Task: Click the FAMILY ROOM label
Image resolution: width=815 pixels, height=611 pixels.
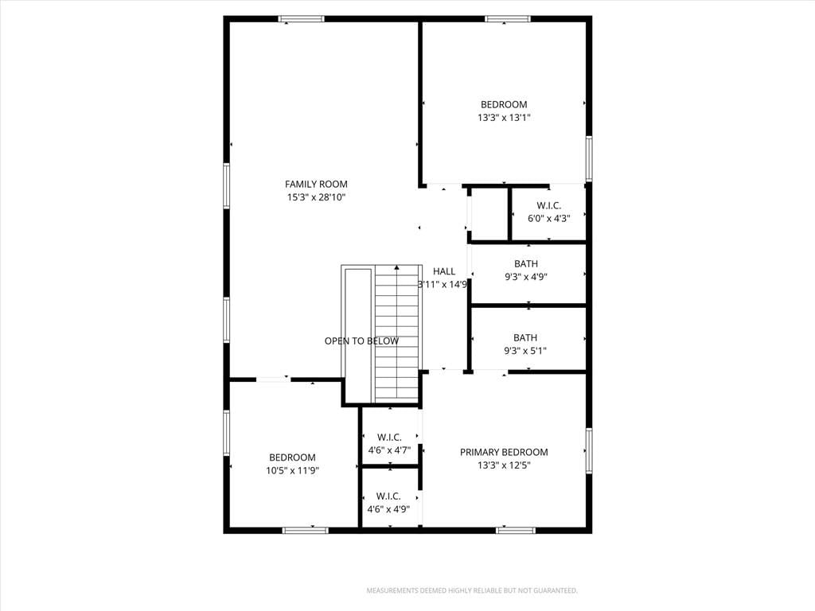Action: (316, 184)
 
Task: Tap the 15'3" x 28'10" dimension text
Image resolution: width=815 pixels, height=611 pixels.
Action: (316, 197)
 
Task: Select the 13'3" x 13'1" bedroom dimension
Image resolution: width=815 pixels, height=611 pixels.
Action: (504, 118)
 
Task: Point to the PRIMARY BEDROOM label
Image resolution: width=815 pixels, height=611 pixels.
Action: (504, 452)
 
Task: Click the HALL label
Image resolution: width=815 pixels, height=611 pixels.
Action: (444, 271)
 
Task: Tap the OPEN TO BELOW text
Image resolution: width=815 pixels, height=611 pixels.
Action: (362, 341)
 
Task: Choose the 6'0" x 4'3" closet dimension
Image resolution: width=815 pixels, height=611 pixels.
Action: (549, 219)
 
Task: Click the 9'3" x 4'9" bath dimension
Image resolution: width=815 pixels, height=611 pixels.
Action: (526, 277)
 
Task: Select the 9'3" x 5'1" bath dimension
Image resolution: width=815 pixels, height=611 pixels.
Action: (525, 351)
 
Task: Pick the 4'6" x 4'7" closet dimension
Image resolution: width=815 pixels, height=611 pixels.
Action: (389, 450)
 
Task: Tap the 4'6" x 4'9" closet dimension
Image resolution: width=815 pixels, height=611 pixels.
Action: (388, 509)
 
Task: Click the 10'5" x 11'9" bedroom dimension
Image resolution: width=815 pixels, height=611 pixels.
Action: (292, 471)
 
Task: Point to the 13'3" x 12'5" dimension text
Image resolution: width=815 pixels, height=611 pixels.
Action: (504, 465)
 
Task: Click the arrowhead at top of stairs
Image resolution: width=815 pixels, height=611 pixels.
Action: (396, 267)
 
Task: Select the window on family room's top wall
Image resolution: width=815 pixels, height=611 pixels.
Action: (301, 19)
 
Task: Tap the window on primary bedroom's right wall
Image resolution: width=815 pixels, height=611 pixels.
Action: (589, 450)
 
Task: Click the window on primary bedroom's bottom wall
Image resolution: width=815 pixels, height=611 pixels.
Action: (516, 530)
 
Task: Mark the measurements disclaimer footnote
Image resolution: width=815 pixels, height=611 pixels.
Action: (472, 591)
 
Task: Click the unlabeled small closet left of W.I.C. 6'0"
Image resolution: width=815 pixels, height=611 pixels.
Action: (489, 214)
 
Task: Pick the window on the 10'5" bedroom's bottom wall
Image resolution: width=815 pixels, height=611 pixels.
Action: (306, 530)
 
